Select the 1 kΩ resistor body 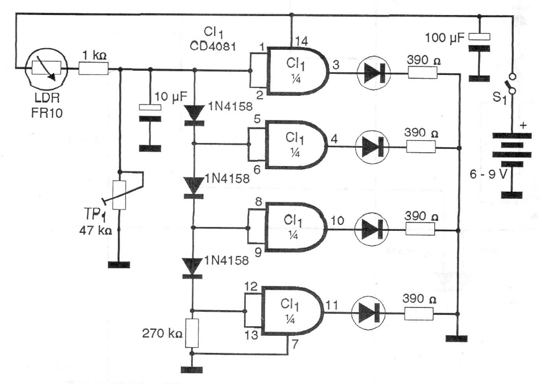pyautogui.click(x=94, y=69)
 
